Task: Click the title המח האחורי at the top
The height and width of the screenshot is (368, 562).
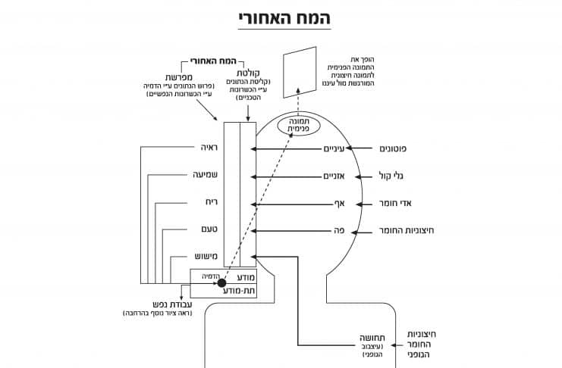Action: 281,17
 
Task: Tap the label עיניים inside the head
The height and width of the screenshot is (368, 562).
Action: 334,149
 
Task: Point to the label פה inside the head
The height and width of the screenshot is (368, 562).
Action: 341,230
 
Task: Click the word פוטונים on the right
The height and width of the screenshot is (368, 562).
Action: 396,149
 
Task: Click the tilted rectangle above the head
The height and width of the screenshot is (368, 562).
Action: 300,73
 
